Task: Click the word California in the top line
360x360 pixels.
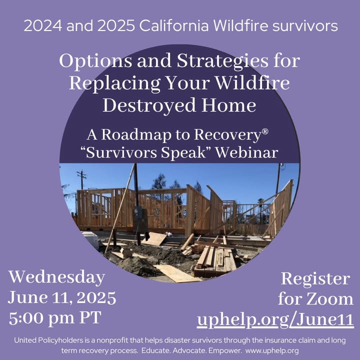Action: tap(174, 25)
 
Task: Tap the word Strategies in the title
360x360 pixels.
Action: tap(222, 62)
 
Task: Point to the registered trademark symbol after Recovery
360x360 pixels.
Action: tap(264, 131)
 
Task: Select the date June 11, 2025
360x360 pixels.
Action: tap(62, 298)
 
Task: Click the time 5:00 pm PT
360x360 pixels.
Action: tap(55, 318)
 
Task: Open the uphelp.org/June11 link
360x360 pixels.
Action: tap(275, 319)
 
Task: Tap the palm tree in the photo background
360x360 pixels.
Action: tap(260, 206)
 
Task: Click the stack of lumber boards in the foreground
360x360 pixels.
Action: tap(214, 260)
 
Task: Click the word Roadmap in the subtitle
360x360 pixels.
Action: tap(136, 135)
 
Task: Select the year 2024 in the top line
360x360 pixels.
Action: tap(43, 25)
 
